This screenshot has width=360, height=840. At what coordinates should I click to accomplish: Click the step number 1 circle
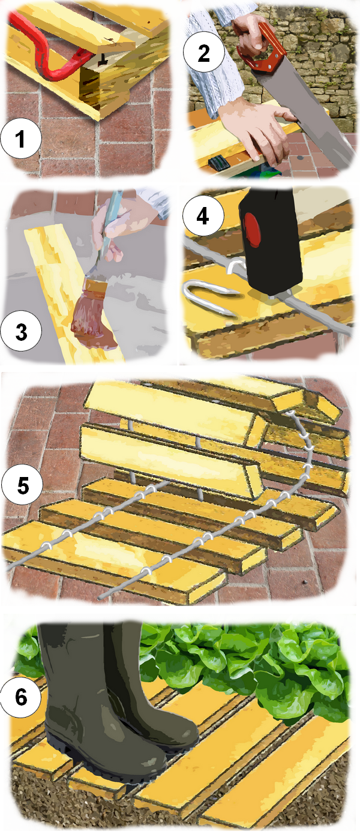click(21, 138)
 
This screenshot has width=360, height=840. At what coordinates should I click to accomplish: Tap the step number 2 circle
click(203, 53)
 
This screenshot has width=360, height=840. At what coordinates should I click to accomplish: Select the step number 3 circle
click(22, 331)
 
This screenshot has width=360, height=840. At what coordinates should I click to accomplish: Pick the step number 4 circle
click(203, 216)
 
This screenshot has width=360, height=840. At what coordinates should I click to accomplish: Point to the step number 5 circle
click(23, 485)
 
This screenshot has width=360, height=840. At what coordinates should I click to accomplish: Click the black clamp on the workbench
click(218, 163)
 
